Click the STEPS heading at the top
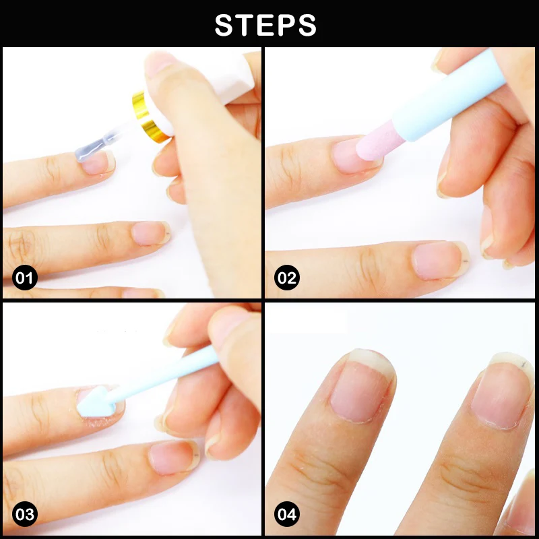tap(265, 25)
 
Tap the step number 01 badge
tap(24, 278)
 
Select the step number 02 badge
tap(287, 278)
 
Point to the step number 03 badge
tap(24, 514)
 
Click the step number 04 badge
tap(287, 514)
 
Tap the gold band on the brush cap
tap(148, 117)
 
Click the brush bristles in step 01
tap(90, 150)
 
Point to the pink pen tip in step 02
tap(375, 144)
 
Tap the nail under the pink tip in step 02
tap(354, 155)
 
